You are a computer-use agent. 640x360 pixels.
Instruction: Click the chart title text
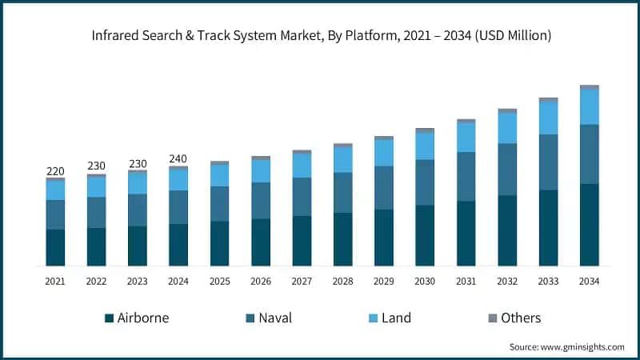[320, 35]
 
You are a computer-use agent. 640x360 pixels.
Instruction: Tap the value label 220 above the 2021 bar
[55, 170]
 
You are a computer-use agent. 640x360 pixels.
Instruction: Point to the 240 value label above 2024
[178, 158]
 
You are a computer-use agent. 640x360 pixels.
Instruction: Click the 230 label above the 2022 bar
[96, 166]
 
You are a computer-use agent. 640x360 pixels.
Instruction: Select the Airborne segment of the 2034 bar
[590, 225]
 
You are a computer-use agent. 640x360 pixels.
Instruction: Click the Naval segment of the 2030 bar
[425, 182]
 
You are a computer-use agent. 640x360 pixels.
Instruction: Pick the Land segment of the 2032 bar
[507, 128]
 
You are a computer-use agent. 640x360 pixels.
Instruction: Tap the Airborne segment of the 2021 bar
[55, 247]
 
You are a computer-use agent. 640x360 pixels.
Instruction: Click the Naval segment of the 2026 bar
[261, 201]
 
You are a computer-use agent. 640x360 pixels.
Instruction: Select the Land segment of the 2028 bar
[342, 160]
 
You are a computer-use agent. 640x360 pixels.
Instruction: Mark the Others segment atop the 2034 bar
[590, 87]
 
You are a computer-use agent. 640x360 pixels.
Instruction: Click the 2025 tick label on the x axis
[219, 282]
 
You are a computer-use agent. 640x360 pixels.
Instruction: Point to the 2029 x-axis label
[384, 282]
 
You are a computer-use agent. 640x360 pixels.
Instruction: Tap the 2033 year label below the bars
[548, 282]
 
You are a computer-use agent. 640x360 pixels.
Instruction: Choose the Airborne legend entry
[137, 318]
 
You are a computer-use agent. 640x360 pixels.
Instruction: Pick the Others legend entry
[513, 318]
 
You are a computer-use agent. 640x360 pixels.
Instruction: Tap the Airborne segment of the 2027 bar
[302, 241]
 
